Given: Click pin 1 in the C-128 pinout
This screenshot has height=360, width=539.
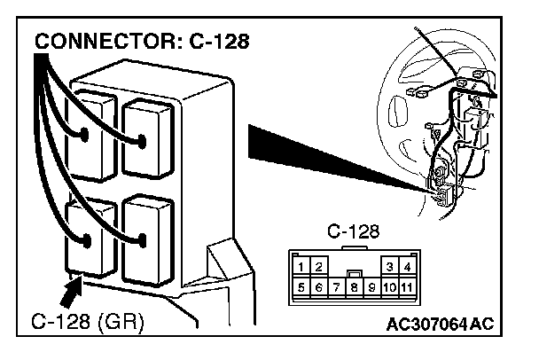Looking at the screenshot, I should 302,266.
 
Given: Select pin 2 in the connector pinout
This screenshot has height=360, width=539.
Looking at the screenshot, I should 318,266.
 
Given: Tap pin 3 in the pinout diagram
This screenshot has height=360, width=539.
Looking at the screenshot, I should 389,266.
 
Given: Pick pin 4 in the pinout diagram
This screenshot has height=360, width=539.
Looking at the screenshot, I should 405,266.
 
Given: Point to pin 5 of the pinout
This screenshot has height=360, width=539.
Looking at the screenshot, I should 302,287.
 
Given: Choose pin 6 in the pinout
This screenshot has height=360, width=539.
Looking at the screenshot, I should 318,287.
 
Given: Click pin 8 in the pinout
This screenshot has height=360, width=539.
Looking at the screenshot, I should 353,287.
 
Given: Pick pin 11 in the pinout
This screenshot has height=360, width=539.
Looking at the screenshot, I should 405,287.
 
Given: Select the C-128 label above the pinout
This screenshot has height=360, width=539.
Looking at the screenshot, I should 353,232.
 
